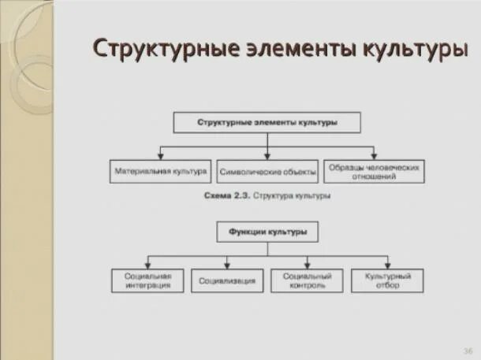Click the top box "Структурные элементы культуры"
click(x=267, y=123)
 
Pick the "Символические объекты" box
click(x=267, y=171)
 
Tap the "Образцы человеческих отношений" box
click(x=372, y=172)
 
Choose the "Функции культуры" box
click(x=267, y=232)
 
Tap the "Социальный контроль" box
click(x=307, y=280)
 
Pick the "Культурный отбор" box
click(x=387, y=280)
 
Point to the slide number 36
click(x=468, y=349)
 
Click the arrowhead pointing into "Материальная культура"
click(x=160, y=156)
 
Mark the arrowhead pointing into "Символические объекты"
click(x=267, y=156)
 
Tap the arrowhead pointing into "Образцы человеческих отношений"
click(x=372, y=156)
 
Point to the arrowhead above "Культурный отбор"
click(x=387, y=265)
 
